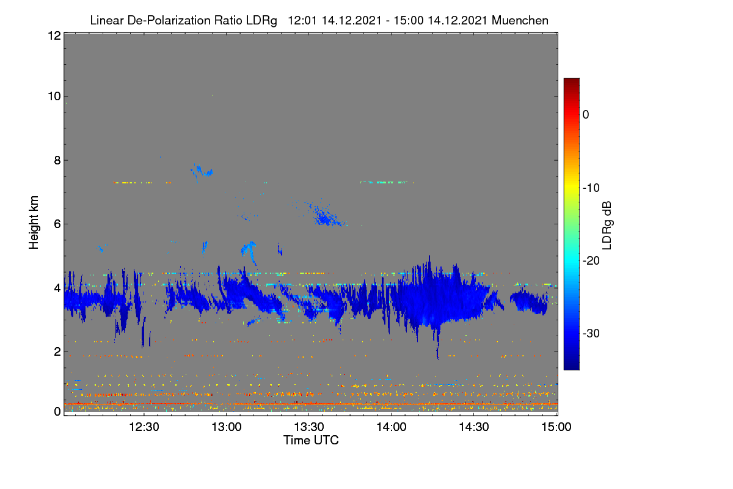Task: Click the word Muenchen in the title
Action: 520,21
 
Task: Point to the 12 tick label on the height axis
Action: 54,35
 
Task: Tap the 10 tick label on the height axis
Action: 54,97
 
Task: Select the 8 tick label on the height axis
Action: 57,160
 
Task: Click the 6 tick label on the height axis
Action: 57,224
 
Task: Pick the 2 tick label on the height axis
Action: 57,351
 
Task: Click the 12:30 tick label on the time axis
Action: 144,427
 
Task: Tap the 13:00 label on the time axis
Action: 227,427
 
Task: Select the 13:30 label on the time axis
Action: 309,427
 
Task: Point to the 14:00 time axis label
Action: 392,427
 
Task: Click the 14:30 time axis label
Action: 474,427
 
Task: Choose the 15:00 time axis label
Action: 556,427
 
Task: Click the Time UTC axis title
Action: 311,441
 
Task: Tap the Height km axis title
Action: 34,222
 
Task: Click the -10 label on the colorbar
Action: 591,188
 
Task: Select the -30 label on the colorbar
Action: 591,333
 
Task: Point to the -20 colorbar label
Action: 591,261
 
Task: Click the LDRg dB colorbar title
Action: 607,226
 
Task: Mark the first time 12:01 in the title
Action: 302,21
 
